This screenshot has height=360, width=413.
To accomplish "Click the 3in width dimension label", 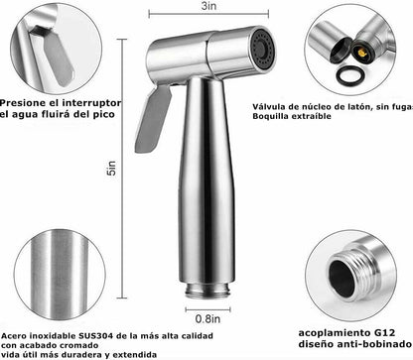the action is point(208,6).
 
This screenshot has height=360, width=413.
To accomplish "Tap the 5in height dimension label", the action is point(112,168).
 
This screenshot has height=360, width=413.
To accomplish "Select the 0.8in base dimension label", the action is point(207,318).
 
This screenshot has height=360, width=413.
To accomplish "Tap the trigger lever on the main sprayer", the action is point(153,119).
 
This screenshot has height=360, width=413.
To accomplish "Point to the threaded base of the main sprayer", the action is point(207,290).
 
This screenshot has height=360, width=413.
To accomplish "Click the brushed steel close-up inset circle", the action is point(60,276).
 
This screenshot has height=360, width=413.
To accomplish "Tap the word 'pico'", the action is point(104,115).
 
